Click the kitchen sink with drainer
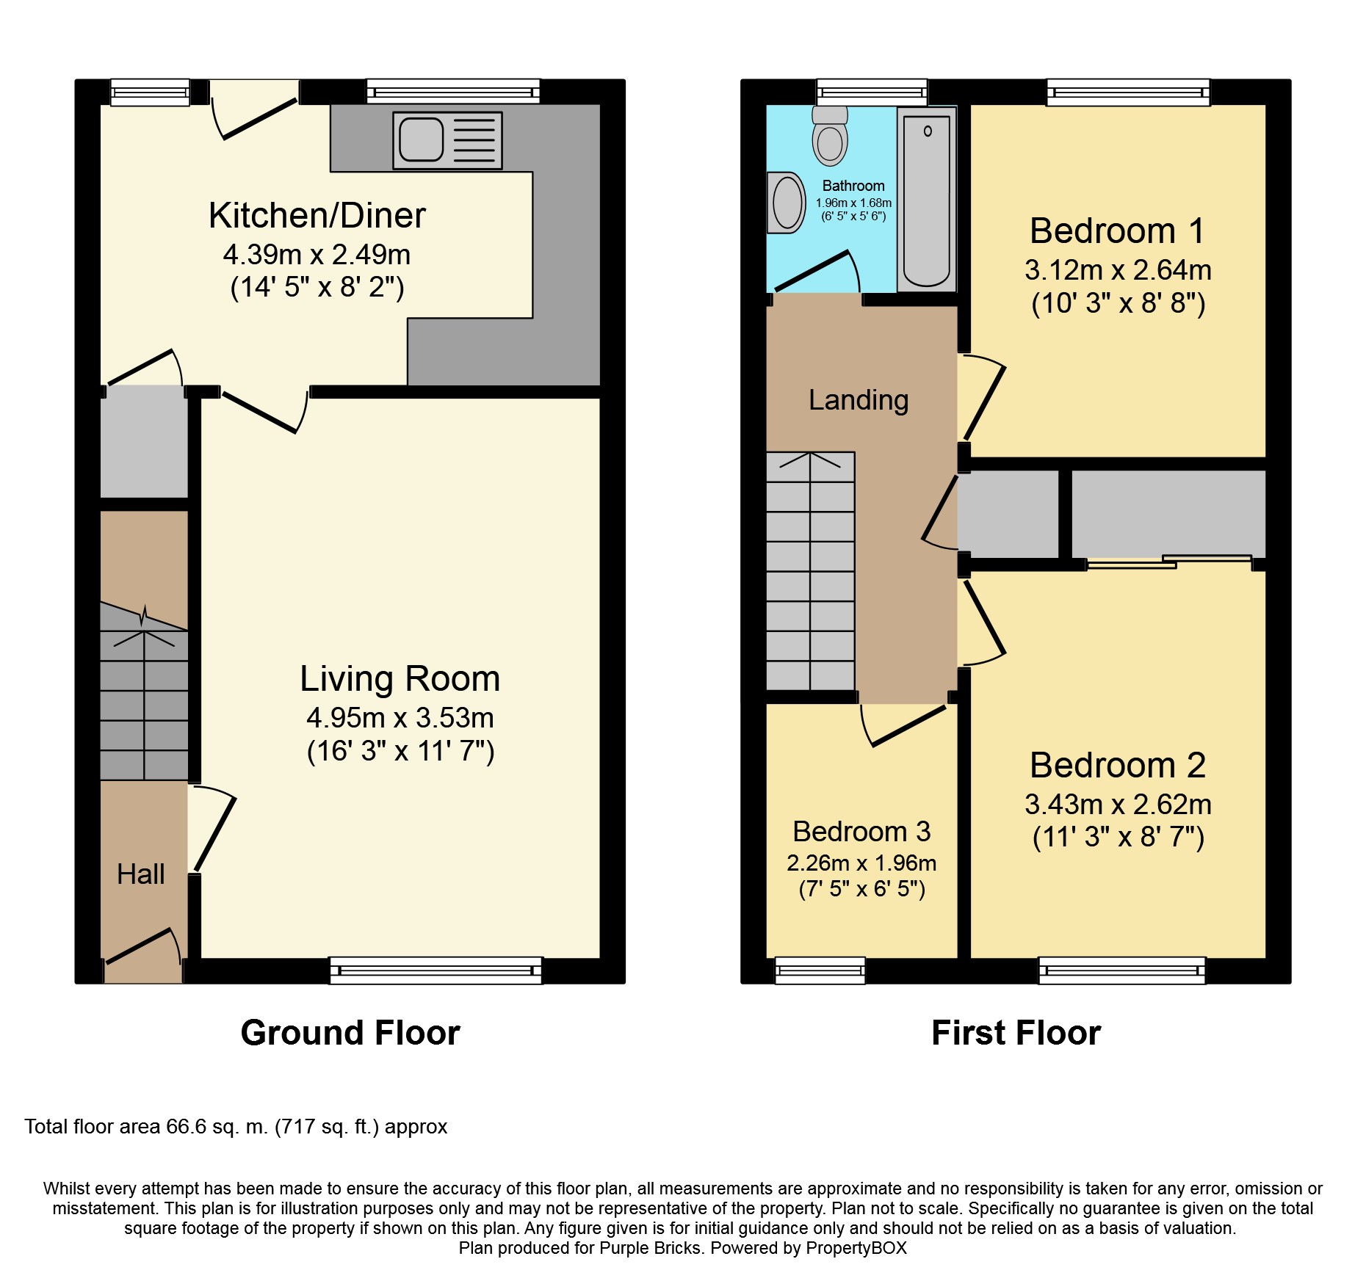point(447,140)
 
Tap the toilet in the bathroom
point(830,136)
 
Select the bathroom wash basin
point(786,202)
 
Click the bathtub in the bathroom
point(927,199)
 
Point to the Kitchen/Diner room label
point(317,215)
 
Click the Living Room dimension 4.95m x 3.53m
point(400,718)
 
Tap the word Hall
point(141,874)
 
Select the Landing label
point(859,400)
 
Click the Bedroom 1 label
point(1118,231)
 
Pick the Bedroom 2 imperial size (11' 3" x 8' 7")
point(1119,837)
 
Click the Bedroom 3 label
point(861,832)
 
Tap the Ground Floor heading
point(350,1033)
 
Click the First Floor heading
point(1016,1033)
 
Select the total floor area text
point(236,1127)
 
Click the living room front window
point(436,970)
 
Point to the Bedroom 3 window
point(820,970)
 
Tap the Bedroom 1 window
point(1128,92)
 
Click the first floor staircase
point(811,571)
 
